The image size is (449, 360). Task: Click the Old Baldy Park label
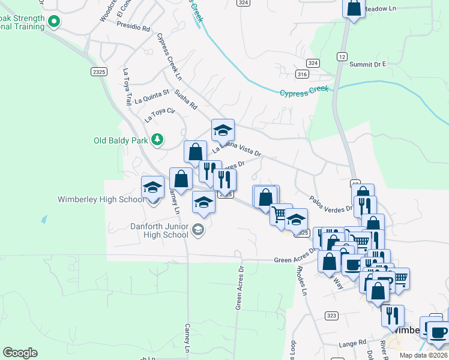(x=121, y=141)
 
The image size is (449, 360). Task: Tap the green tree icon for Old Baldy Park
(x=157, y=140)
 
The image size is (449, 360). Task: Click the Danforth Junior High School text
(x=159, y=230)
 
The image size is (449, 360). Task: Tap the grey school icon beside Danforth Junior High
(x=197, y=230)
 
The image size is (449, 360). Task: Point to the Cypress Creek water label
(x=304, y=91)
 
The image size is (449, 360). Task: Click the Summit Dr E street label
(x=367, y=64)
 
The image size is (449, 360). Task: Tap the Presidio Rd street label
(x=133, y=28)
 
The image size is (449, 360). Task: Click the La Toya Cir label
(x=159, y=115)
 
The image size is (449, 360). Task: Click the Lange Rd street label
(x=352, y=343)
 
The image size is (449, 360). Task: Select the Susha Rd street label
(x=186, y=100)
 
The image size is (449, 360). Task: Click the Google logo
(x=20, y=353)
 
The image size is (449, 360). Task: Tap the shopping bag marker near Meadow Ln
(x=354, y=8)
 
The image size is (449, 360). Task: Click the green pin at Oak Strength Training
(x=54, y=23)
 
